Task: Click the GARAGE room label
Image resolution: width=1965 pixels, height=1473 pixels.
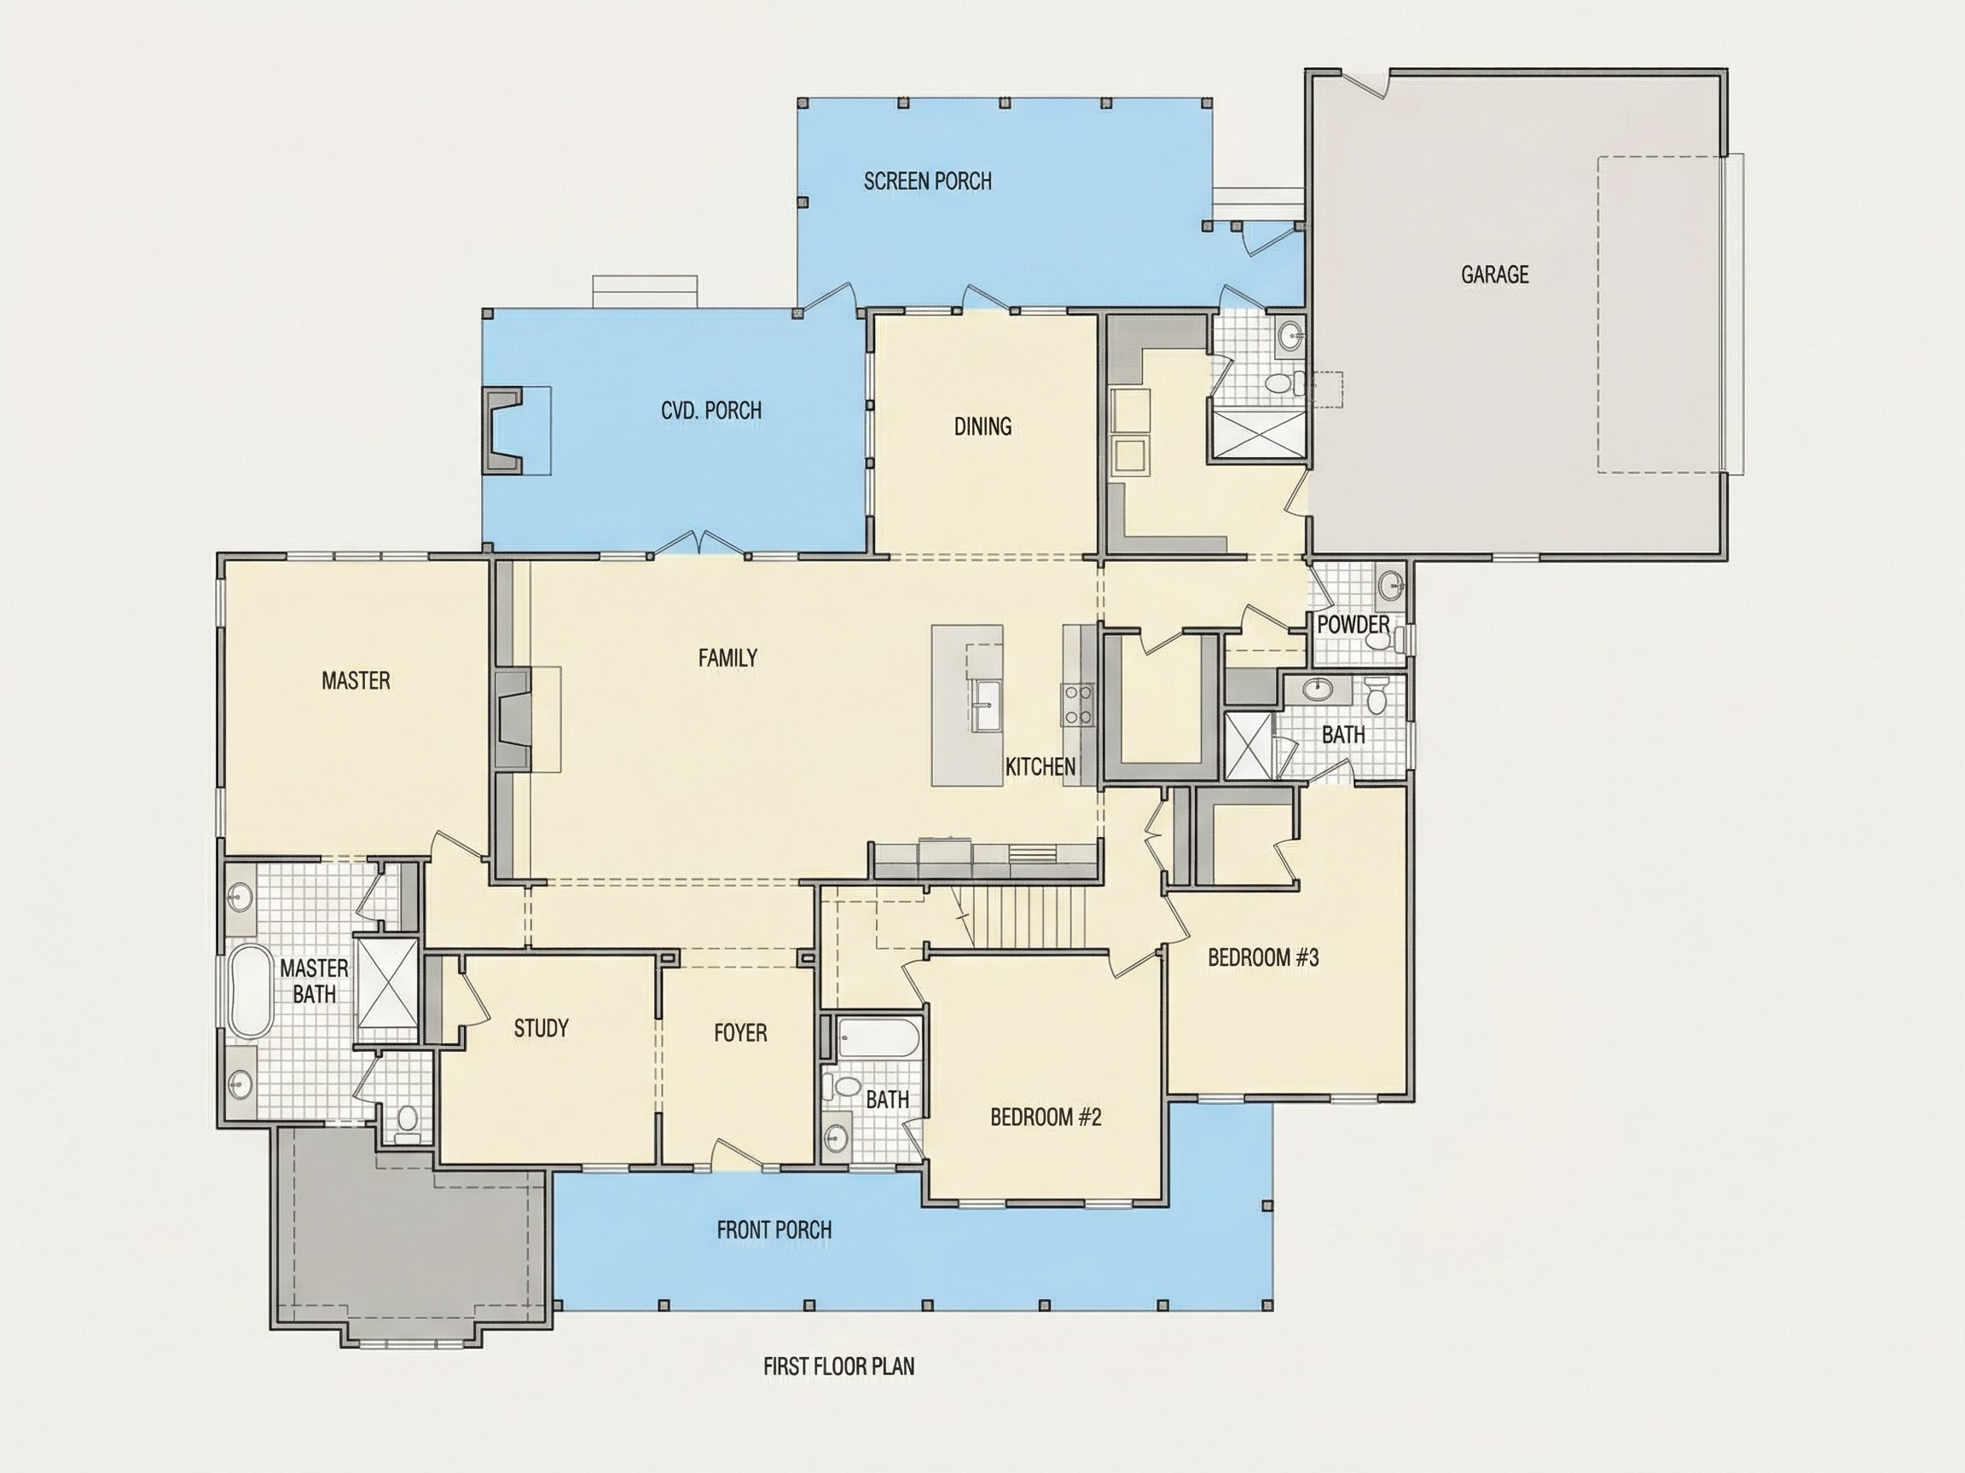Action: pyautogui.click(x=1495, y=274)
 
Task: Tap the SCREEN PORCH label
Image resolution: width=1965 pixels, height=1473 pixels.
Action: pyautogui.click(x=927, y=181)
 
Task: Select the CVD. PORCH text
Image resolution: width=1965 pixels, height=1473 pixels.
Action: pyautogui.click(x=710, y=410)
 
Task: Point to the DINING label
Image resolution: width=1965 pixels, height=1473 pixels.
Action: pyautogui.click(x=982, y=426)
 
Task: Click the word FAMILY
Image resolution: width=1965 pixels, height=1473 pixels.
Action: pyautogui.click(x=727, y=658)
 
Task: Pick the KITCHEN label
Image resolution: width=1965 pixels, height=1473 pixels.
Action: pyautogui.click(x=1040, y=766)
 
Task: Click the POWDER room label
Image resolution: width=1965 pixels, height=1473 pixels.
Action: pyautogui.click(x=1353, y=624)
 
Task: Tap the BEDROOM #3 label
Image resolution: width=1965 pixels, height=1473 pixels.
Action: pyautogui.click(x=1263, y=957)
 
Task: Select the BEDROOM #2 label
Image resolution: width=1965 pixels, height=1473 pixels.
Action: pyautogui.click(x=1046, y=1117)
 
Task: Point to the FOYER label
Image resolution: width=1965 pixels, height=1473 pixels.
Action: pyautogui.click(x=740, y=1032)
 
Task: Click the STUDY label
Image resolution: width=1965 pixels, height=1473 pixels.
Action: pyautogui.click(x=541, y=1028)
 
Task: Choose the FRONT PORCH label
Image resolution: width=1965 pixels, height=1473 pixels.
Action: pyautogui.click(x=774, y=1230)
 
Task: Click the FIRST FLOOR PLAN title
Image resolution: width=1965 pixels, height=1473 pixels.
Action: pyautogui.click(x=838, y=1366)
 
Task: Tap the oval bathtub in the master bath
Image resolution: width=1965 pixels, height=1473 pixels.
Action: pyautogui.click(x=250, y=991)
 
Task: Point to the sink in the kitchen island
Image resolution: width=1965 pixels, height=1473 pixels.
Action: pyautogui.click(x=986, y=707)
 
